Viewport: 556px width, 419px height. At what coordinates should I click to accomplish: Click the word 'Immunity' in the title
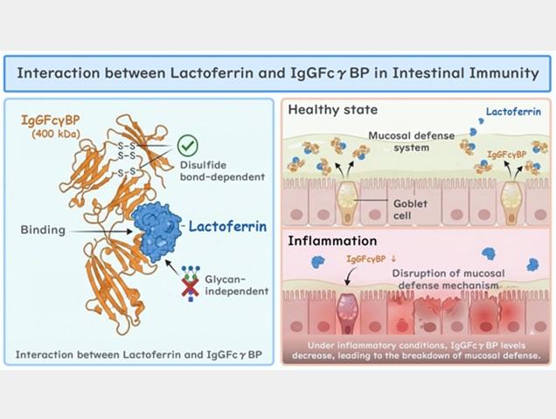[x=497, y=72]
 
